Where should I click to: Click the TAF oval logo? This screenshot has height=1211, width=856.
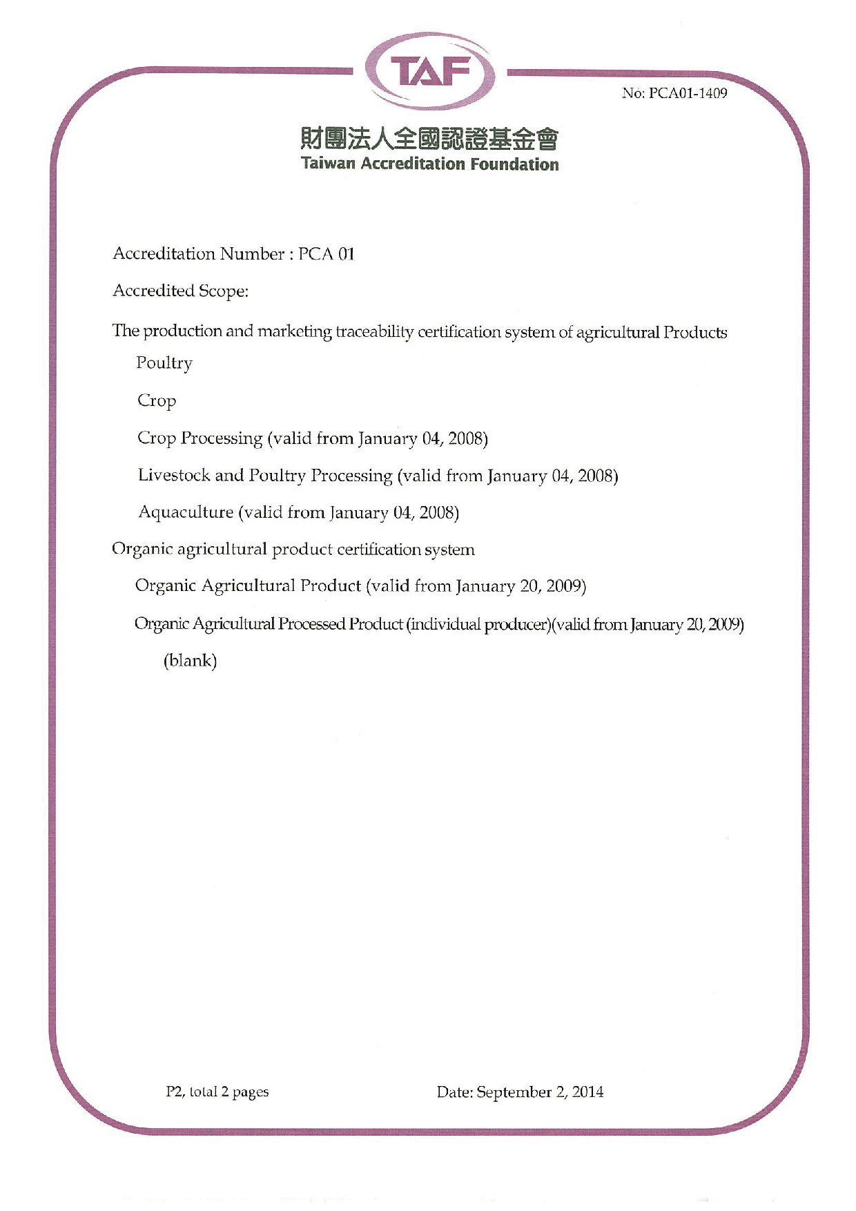429,72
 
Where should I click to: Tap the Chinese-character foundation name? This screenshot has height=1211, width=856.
429,139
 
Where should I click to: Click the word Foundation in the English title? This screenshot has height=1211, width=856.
514,164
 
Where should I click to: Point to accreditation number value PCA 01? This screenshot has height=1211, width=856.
326,254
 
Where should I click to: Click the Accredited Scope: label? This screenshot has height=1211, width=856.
180,291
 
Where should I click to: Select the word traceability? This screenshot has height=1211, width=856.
374,332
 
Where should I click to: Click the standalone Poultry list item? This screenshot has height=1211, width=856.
164,363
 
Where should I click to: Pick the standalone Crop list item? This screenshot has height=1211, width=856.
157,401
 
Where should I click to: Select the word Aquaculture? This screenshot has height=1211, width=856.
186,512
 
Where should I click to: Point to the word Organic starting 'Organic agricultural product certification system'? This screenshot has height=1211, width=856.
142,550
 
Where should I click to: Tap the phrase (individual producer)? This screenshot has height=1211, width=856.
478,624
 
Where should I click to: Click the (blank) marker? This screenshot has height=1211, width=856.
190,661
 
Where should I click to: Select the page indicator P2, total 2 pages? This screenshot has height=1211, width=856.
217,1092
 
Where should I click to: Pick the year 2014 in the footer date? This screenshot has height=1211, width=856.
587,1092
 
